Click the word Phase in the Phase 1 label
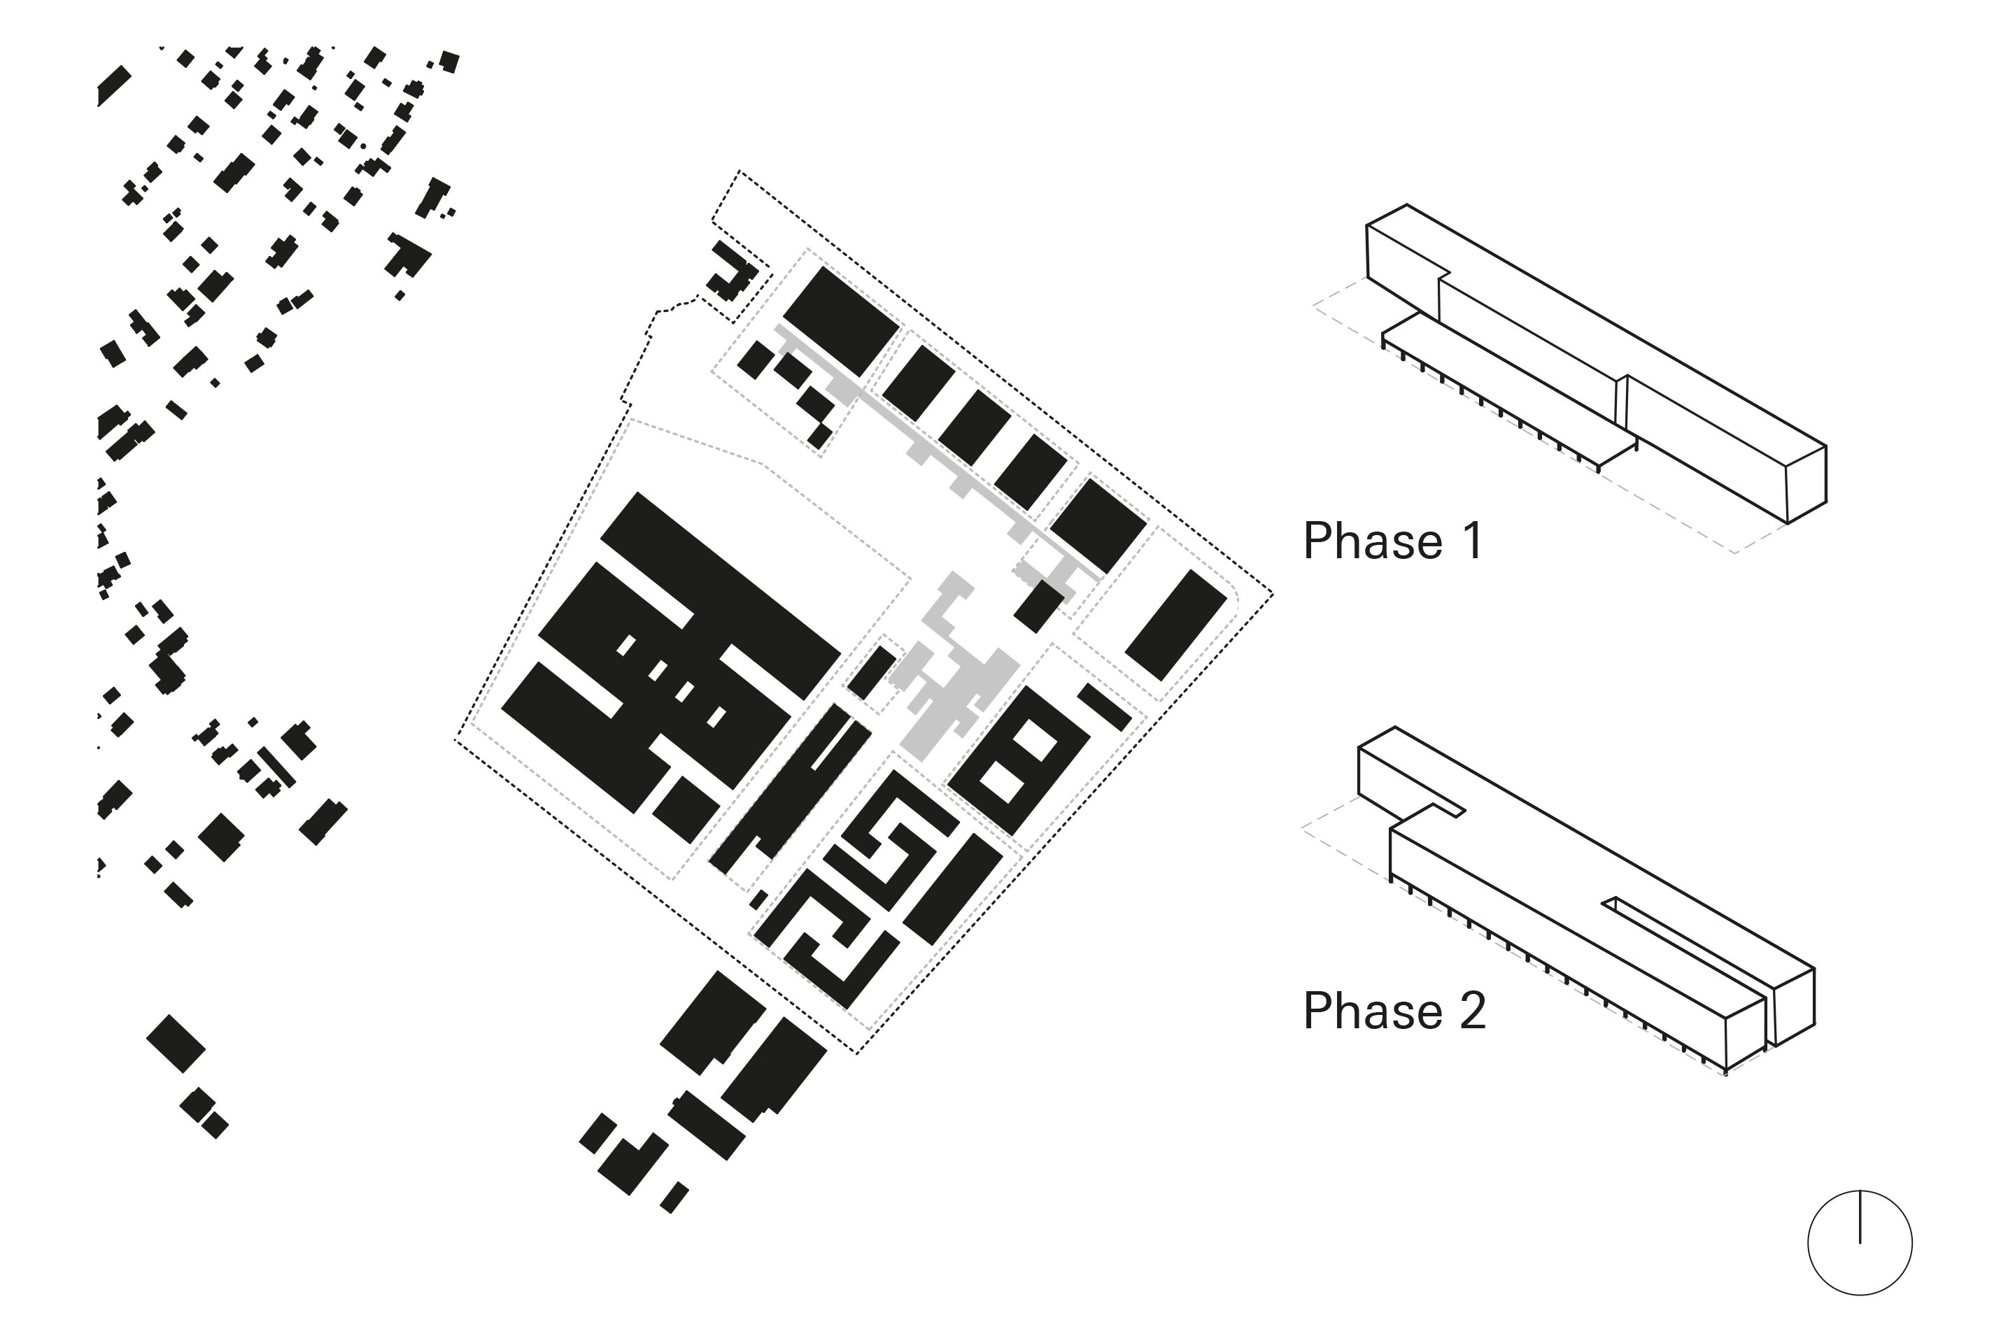(x=1373, y=541)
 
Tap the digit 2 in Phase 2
(x=1472, y=1011)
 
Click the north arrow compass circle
(x=1859, y=1243)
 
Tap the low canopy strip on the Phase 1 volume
(x=1508, y=390)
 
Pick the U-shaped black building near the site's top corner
(x=730, y=272)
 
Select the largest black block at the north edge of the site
(x=840, y=321)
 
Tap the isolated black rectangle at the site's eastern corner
(x=1175, y=625)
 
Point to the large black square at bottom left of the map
(x=176, y=1043)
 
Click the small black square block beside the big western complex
(x=686, y=809)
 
